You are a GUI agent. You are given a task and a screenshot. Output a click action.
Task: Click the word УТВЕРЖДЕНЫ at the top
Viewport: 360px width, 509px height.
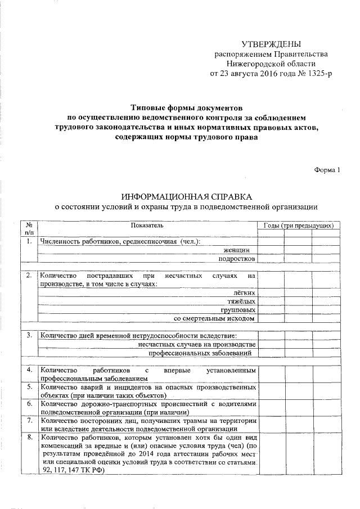point(271,43)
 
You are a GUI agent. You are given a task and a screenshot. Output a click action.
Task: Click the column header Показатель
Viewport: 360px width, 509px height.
point(147,226)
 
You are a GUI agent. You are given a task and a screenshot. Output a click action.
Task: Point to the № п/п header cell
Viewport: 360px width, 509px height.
point(29,229)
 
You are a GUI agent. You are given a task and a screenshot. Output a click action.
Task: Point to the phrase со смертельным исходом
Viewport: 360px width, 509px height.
point(215,319)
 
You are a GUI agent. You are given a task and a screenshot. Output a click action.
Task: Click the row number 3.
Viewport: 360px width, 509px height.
point(28,335)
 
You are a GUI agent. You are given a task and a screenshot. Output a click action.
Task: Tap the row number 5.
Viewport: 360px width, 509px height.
point(28,388)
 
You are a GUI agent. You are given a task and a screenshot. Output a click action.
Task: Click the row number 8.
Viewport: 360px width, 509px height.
point(28,436)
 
